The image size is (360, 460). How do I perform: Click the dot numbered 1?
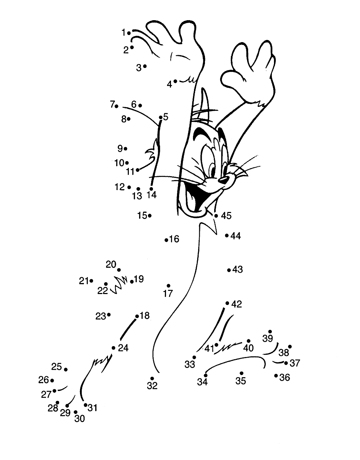129,33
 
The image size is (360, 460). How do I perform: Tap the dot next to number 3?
145,66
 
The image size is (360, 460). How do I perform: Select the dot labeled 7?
116,106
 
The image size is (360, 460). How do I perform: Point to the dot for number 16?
166,240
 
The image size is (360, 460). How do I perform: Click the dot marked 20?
119,270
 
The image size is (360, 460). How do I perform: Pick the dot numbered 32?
152,378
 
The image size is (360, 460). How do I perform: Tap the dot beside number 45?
216,216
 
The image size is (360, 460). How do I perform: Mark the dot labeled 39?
270,331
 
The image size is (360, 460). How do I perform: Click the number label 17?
168,294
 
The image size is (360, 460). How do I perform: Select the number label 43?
238,270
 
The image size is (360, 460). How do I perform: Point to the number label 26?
44,380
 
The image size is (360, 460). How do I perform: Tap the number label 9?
120,149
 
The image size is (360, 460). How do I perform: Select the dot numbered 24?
114,348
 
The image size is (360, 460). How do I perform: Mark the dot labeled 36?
276,375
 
